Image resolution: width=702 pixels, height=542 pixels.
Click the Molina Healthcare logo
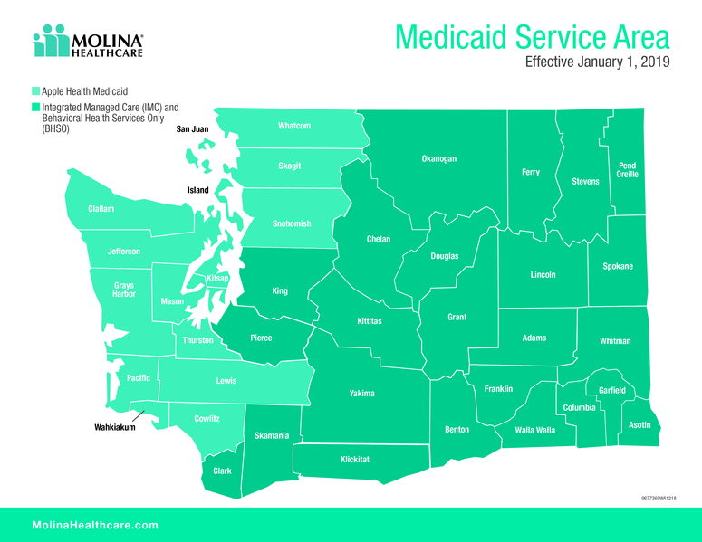tap(88, 42)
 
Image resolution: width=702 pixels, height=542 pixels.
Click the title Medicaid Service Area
tap(533, 38)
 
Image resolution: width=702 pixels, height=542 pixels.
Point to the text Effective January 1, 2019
tap(598, 64)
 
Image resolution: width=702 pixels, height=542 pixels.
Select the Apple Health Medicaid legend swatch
tap(35, 91)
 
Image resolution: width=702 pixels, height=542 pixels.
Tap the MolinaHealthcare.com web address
tap(95, 525)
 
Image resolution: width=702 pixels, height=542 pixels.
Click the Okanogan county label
tap(439, 159)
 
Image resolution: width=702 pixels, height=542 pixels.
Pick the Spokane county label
tap(618, 266)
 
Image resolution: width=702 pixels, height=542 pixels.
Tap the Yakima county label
tap(362, 394)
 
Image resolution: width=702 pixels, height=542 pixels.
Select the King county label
tap(280, 291)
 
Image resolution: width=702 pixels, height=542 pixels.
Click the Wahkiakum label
tap(115, 427)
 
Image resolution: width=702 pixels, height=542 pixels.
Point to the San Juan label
tap(192, 129)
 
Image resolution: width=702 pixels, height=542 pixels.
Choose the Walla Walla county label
tap(534, 430)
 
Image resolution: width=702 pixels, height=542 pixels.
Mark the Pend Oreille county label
tap(627, 170)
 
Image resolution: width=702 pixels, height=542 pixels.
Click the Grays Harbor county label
tap(123, 290)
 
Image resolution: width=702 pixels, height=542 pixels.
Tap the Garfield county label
tap(612, 390)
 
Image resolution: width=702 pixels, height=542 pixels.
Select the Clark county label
tap(222, 471)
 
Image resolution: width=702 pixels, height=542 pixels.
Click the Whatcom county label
tap(294, 126)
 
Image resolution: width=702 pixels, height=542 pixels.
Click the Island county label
tap(197, 190)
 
